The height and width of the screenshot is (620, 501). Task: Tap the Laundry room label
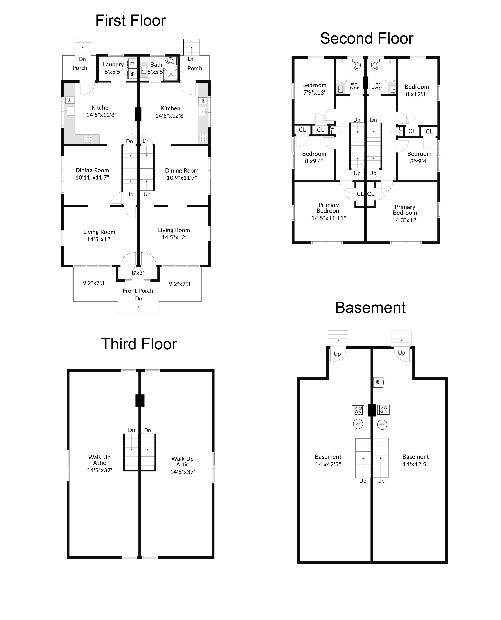coord(113,64)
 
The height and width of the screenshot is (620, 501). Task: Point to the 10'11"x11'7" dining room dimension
coord(92,178)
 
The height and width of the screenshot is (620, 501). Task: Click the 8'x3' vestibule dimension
coord(138,273)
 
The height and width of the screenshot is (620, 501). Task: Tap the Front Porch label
coord(138,291)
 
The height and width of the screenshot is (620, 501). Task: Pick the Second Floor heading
coord(367,38)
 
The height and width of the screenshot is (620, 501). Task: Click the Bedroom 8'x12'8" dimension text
coord(417,94)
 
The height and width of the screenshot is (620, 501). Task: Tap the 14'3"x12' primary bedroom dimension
coord(405,220)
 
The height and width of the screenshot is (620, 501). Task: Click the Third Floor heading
coord(139,344)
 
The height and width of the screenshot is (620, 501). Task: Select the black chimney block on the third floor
coord(140,401)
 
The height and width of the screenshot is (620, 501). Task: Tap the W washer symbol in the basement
coord(378,382)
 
